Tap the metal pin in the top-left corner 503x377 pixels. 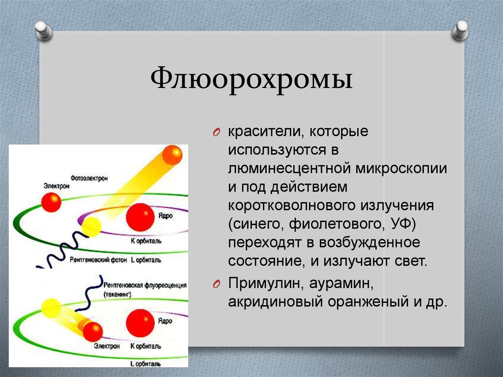tap(44, 30)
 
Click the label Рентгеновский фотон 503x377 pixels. tap(96, 259)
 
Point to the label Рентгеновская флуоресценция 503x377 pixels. tap(145, 286)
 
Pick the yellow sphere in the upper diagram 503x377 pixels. tap(91, 227)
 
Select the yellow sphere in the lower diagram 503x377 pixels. tap(51, 309)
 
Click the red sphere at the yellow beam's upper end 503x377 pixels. tap(172, 155)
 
